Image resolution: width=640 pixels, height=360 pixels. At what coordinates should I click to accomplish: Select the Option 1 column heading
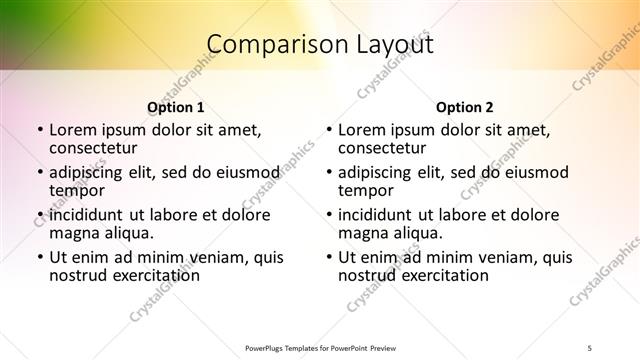175,106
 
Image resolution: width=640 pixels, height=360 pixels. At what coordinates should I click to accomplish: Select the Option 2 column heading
465,106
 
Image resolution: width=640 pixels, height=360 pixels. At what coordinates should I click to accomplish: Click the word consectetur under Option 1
93,148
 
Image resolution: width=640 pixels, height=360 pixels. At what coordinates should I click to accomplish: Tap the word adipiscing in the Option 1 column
89,172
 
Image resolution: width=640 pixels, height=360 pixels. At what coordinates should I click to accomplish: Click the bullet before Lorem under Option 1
39,130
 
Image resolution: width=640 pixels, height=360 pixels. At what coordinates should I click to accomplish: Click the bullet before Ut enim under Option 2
329,257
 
